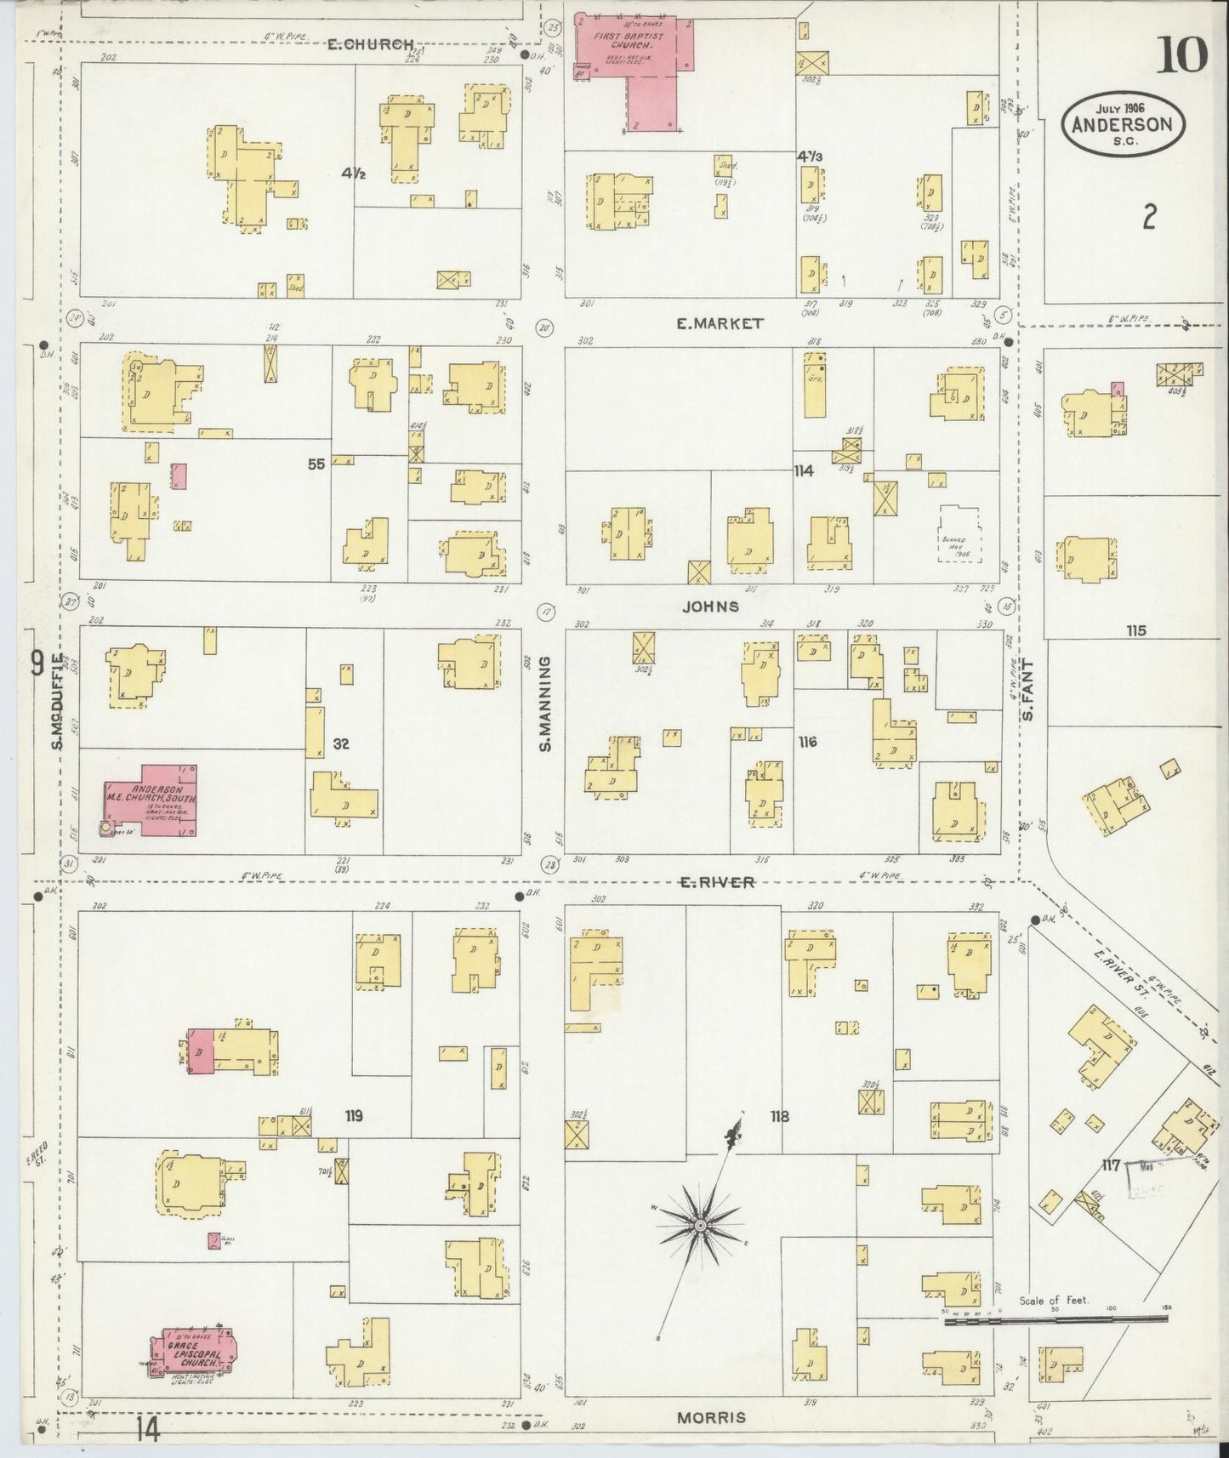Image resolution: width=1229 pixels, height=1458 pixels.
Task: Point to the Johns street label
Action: tap(708, 607)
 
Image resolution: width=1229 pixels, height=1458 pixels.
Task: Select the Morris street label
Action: tap(712, 1418)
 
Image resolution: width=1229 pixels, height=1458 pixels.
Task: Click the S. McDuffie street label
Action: tap(58, 701)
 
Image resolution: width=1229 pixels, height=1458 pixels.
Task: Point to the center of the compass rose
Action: tap(699, 1225)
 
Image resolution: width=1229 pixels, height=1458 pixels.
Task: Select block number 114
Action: tap(804, 470)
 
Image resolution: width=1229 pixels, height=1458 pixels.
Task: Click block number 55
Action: tap(316, 464)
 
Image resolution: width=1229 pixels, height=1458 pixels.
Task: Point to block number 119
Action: tap(354, 1115)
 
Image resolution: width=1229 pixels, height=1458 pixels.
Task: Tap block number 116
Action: tap(807, 742)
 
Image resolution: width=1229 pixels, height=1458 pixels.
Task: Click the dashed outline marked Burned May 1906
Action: tap(959, 535)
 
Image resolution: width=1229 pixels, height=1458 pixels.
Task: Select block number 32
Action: tap(341, 743)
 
